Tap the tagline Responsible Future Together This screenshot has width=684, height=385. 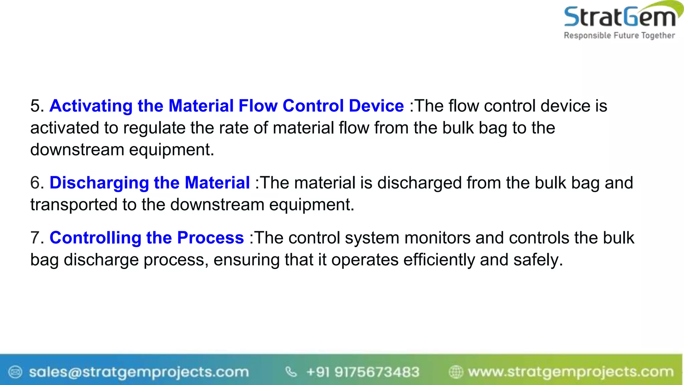(x=619, y=35)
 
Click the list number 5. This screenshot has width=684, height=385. (x=36, y=106)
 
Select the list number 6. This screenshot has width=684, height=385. (x=36, y=183)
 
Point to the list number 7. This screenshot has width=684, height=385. (x=36, y=238)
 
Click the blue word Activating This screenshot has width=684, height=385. (x=91, y=106)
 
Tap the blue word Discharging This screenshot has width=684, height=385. (x=99, y=183)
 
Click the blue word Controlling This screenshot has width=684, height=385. (x=95, y=238)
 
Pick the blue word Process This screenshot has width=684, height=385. (x=210, y=238)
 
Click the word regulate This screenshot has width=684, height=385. (x=154, y=128)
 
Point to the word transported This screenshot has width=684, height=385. (x=74, y=205)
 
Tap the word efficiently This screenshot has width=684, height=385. (x=439, y=260)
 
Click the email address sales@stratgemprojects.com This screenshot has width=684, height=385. (x=139, y=372)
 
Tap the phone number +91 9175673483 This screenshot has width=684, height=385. (x=362, y=372)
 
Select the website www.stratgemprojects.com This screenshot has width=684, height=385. (x=570, y=372)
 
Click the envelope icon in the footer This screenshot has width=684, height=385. (x=15, y=372)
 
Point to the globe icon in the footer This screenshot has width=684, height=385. (x=456, y=372)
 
